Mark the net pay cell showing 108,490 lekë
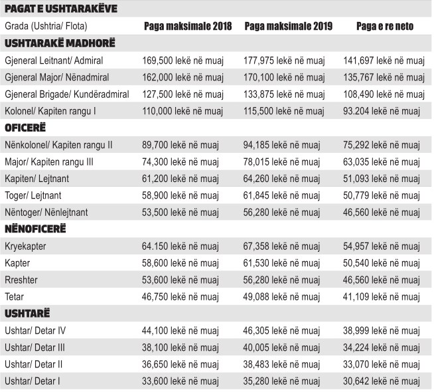click(x=382, y=94)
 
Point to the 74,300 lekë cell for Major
click(x=181, y=161)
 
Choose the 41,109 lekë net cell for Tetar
click(x=382, y=297)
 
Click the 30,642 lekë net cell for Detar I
click(x=382, y=381)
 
